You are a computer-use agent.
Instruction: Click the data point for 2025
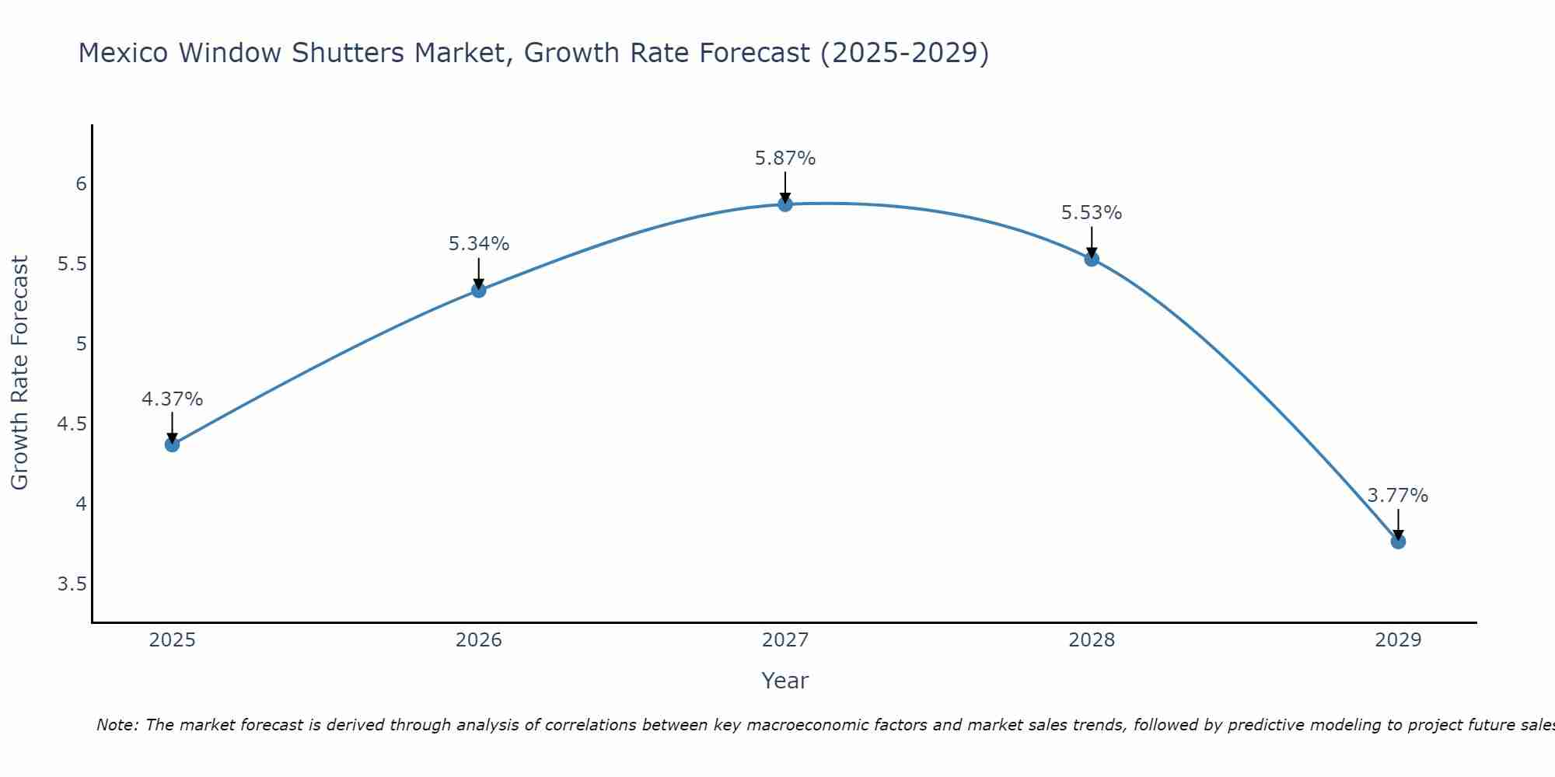[172, 444]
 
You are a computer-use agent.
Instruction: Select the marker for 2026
[479, 290]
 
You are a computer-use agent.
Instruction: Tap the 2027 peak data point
[785, 204]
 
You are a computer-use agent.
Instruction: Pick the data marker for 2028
[1092, 259]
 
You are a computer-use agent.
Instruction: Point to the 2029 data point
[1398, 542]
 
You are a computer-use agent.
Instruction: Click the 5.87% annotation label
[785, 159]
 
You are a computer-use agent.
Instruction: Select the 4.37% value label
[172, 399]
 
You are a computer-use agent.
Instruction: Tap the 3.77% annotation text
[1398, 496]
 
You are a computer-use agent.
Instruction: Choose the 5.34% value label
[479, 244]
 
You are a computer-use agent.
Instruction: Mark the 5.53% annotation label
[1092, 213]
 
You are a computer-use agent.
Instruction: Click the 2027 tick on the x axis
[785, 640]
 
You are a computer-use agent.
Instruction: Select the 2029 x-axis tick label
[1398, 640]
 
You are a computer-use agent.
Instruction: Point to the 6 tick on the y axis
[81, 184]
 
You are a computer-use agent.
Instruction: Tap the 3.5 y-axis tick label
[72, 584]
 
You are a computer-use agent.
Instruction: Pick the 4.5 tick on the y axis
[72, 424]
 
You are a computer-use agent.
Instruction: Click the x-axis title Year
[785, 681]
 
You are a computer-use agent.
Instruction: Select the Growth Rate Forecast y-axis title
[19, 372]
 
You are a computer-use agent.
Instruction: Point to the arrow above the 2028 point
[1092, 241]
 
